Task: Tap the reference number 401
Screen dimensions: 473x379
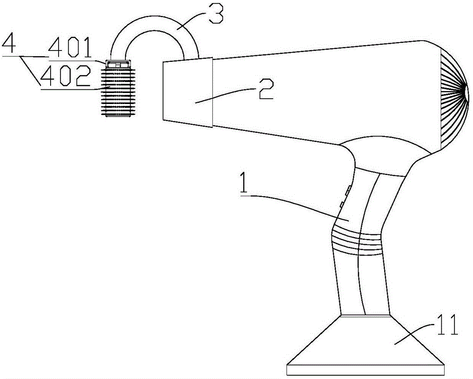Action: coord(70,48)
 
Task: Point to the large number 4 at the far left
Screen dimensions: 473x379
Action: coord(9,45)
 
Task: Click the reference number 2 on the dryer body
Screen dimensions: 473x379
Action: coord(266,89)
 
